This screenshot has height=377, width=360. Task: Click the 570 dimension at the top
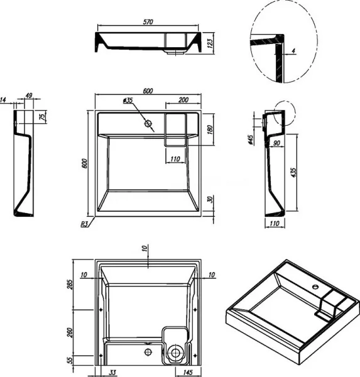click(148, 22)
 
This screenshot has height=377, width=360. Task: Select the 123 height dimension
click(210, 43)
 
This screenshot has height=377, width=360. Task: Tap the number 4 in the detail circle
click(293, 51)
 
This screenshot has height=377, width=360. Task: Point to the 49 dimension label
click(29, 96)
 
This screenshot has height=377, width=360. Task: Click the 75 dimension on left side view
click(42, 116)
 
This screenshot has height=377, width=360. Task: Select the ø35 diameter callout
click(128, 101)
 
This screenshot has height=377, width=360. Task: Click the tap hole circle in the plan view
click(148, 124)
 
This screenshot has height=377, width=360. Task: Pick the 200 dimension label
click(183, 100)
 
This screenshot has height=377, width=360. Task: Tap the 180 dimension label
click(210, 129)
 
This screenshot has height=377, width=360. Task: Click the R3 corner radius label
click(84, 224)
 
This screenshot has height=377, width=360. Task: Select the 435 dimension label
click(293, 173)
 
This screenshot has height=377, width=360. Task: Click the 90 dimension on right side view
click(276, 143)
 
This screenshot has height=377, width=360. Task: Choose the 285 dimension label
click(70, 285)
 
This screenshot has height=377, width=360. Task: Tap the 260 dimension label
click(70, 332)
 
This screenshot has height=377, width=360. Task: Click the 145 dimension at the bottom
click(188, 373)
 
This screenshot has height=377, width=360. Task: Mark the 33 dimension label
click(112, 373)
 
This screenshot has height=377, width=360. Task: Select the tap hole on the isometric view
click(315, 287)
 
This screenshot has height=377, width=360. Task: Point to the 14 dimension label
click(3, 100)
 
